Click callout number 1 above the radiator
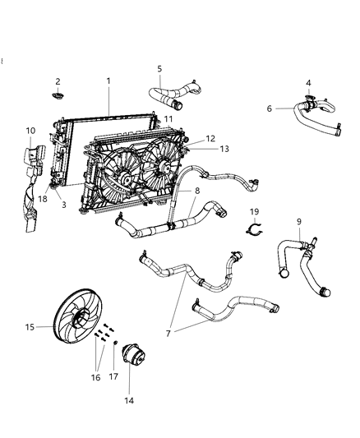[x=108, y=81]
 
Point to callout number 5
[x=159, y=69]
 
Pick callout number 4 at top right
[x=308, y=82]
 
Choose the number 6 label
[x=269, y=108]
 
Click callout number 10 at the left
[x=30, y=131]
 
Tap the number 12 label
[x=187, y=139]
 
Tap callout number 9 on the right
[x=299, y=221]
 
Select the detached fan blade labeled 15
[x=72, y=326]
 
